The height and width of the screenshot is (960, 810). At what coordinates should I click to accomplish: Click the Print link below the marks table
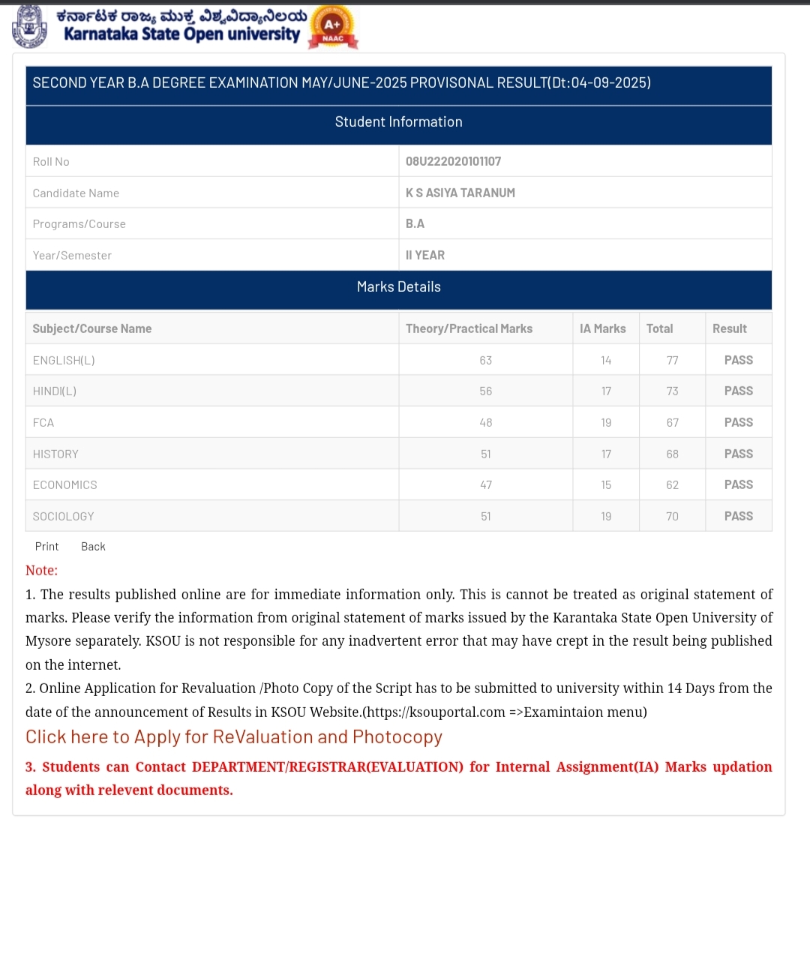pos(46,547)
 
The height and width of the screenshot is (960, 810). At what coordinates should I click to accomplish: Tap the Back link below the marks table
pos(93,547)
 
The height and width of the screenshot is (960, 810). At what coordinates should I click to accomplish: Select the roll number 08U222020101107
pos(453,161)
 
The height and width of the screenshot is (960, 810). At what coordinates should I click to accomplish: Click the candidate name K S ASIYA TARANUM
pos(460,193)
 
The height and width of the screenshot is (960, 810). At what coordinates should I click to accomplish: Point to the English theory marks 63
pos(486,361)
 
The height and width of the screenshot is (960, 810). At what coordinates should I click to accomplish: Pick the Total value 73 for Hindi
pos(672,391)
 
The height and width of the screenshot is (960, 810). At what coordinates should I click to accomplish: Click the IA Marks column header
pos(602,328)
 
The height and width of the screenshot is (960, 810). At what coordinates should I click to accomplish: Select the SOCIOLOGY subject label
pos(64,517)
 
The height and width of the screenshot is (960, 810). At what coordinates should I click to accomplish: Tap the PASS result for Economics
pos(738,485)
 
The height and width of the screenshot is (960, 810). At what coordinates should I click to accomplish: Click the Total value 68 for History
pos(672,454)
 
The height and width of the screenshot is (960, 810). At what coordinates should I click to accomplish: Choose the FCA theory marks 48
pos(486,423)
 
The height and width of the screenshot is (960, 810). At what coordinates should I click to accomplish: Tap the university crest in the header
pos(29,26)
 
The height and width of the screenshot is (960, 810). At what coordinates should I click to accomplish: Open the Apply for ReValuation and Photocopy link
pos(234,737)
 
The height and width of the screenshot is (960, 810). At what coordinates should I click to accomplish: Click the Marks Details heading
pos(398,287)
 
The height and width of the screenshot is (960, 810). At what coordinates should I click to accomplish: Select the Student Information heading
pos(398,122)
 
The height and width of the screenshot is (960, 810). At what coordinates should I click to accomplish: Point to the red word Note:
pos(41,571)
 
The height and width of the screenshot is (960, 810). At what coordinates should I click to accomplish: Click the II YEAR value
pos(425,256)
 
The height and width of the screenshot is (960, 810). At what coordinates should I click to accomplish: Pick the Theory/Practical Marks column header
pos(469,328)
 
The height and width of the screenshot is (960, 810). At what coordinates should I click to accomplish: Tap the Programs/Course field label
pos(79,224)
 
